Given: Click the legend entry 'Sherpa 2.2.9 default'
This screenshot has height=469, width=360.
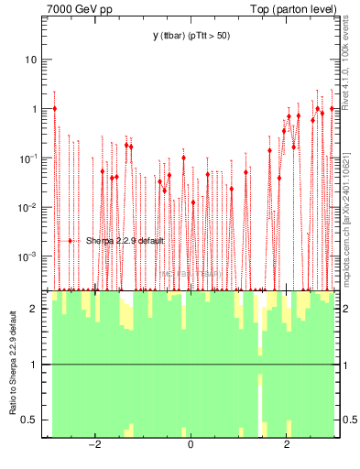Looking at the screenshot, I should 125,241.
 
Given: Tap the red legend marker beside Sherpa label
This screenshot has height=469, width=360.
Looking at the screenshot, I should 71,241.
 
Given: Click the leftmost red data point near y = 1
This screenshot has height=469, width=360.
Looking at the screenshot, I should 55,108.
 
